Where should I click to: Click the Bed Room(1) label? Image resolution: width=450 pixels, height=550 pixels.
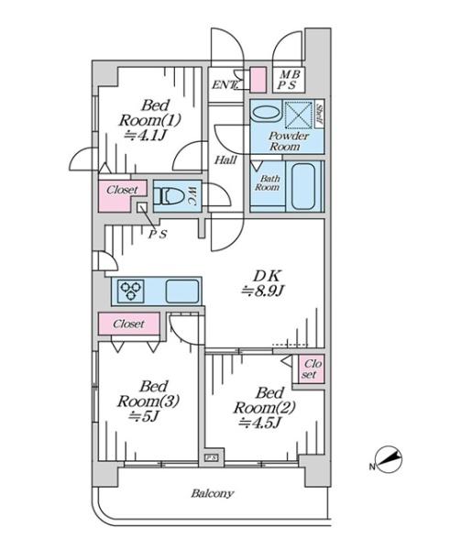(x=149, y=120)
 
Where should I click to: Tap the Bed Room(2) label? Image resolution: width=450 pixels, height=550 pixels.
(x=265, y=408)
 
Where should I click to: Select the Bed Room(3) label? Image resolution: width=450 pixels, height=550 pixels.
(x=148, y=401)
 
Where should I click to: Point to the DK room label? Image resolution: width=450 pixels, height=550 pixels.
(x=263, y=283)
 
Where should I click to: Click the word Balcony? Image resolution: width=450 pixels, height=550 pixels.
(x=213, y=493)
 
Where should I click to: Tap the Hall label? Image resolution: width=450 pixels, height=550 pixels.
(x=225, y=160)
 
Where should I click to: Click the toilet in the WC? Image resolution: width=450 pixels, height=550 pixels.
(x=169, y=196)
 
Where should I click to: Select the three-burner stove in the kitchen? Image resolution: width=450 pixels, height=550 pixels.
(x=130, y=291)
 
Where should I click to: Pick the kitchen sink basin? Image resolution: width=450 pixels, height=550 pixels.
(x=182, y=291)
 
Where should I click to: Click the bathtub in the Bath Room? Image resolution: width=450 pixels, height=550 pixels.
(x=303, y=186)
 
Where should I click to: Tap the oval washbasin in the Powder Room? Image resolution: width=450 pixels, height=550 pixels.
(x=267, y=113)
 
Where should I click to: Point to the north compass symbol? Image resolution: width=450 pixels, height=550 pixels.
(x=388, y=459)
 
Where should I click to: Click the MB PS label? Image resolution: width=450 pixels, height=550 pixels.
(x=290, y=80)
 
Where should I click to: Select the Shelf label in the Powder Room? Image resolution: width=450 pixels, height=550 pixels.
(x=319, y=115)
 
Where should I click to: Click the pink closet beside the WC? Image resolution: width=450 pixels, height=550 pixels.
(x=121, y=195)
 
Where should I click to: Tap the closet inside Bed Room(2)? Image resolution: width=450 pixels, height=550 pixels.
(x=311, y=368)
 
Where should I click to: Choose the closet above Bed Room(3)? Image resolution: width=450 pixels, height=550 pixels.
(x=128, y=324)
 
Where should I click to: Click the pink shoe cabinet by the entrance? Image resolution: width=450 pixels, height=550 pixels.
(x=258, y=80)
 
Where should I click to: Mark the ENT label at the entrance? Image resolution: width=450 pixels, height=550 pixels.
(x=225, y=84)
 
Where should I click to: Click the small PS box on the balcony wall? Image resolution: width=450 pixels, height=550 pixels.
(x=212, y=457)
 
